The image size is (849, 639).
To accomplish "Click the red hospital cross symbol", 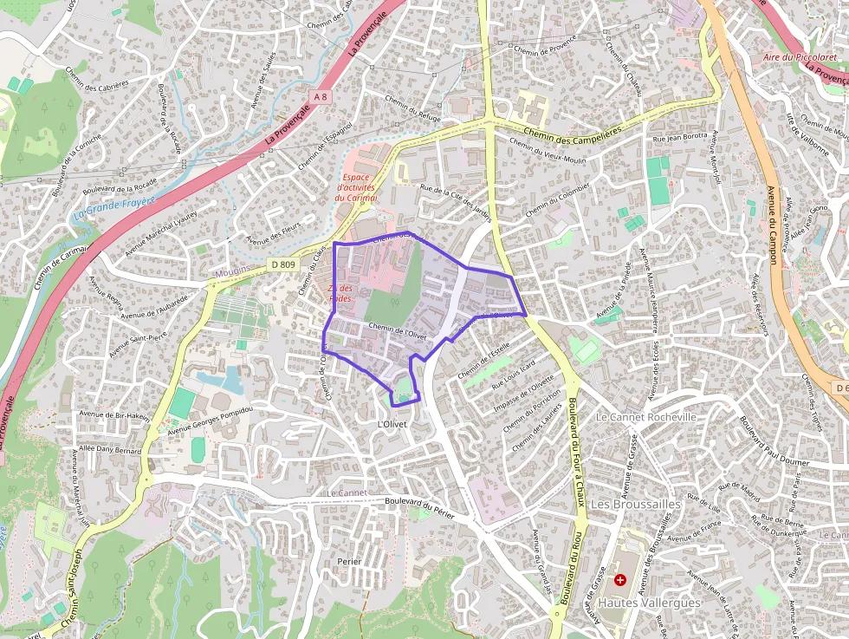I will (x=620, y=579).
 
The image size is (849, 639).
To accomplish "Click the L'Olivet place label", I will (x=392, y=424).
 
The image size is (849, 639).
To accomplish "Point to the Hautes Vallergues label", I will (x=649, y=603).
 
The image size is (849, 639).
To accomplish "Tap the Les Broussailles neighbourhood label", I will (x=635, y=504).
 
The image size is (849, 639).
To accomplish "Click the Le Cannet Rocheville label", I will (x=646, y=417).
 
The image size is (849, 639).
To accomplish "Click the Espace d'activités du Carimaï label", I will (x=356, y=187).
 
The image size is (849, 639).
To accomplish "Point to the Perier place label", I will (x=349, y=562).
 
